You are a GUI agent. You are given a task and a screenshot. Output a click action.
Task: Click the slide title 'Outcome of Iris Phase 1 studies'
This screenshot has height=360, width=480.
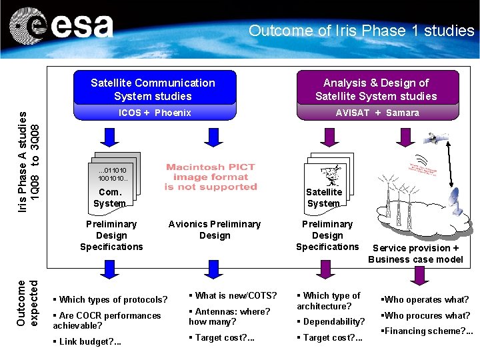[x=361, y=31]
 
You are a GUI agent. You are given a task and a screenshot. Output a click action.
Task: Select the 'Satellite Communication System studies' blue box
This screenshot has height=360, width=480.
[x=153, y=89]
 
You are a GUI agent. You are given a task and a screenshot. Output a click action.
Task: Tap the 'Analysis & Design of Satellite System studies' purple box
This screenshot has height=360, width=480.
[x=376, y=89]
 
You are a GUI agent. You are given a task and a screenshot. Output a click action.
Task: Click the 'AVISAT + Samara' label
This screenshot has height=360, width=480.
[x=377, y=113]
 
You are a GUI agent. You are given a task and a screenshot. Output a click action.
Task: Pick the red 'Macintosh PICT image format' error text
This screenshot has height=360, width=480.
[x=211, y=177]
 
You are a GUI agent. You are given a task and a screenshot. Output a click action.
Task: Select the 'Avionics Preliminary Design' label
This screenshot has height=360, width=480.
[x=215, y=229]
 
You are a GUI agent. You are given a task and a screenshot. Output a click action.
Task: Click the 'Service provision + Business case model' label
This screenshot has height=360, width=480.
[x=415, y=253]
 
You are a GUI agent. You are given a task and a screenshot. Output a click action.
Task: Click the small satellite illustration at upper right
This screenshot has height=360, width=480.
[x=438, y=138]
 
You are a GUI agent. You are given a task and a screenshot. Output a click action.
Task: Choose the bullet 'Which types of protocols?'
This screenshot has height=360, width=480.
[x=111, y=299]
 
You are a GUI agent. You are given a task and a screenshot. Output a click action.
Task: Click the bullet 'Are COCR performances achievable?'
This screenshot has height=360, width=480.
[x=107, y=320]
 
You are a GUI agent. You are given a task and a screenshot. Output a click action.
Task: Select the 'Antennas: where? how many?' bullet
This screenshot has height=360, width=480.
[x=230, y=316]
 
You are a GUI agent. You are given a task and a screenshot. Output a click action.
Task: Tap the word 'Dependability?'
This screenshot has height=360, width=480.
[x=334, y=322]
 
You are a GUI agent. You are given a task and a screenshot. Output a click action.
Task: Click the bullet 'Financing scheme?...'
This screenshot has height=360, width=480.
[x=427, y=331]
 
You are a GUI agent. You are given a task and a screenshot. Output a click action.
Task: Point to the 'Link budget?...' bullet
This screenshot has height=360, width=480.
[x=87, y=342]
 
